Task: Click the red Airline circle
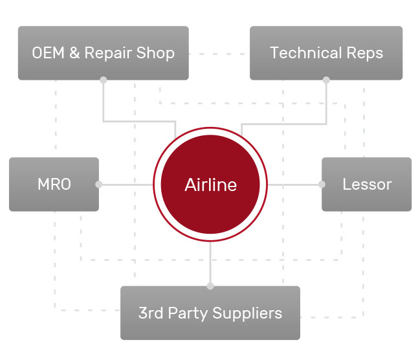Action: pos(210,185)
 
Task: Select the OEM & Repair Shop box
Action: pos(104,53)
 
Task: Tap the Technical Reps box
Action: pos(326,53)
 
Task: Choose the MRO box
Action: pos(54,185)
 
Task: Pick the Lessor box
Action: pos(366,185)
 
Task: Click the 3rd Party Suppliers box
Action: pos(210,313)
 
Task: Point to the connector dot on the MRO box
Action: pos(98,185)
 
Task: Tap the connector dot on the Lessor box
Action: pos(322,185)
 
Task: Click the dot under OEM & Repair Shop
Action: pos(104,80)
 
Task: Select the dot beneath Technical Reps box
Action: pos(326,80)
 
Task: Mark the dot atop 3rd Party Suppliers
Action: pos(210,286)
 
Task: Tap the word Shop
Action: pos(155,53)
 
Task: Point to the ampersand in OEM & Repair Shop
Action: pos(74,53)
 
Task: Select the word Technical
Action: pos(306,53)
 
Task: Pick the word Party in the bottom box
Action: pos(188,313)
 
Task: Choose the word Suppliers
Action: pos(247,313)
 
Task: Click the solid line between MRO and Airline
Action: pos(126,185)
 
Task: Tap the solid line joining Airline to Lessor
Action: pos(294,185)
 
